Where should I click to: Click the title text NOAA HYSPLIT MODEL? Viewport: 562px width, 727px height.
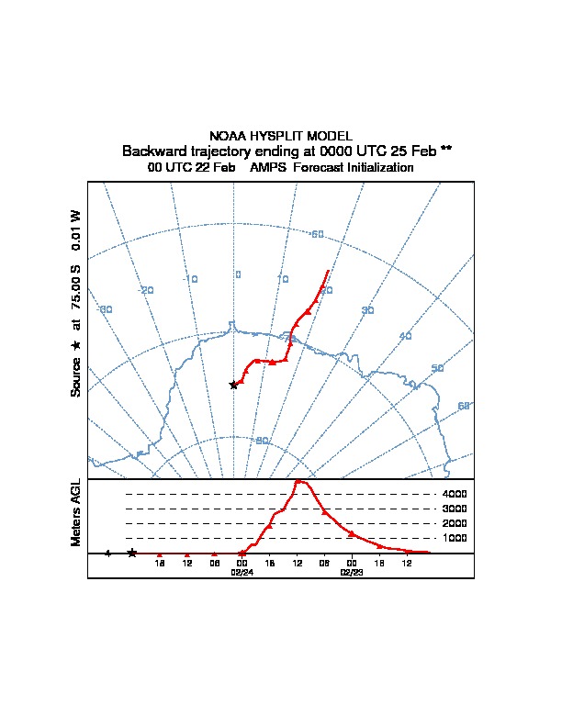point(280,136)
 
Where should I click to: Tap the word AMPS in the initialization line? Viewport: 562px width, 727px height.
point(269,168)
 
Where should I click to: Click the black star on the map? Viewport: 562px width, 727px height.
point(233,385)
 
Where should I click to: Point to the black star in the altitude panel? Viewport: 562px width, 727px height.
point(132,553)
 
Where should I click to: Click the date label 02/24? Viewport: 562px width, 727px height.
point(242,572)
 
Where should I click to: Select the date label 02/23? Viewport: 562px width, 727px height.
point(352,572)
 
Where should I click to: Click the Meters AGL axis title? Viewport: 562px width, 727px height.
point(77,513)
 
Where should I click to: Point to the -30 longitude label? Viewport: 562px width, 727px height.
point(106,309)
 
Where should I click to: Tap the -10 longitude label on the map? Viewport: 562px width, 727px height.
point(191,279)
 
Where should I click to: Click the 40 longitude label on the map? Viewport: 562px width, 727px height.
point(406,336)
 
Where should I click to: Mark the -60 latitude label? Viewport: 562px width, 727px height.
point(317,236)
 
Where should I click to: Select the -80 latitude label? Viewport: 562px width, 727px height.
point(262,441)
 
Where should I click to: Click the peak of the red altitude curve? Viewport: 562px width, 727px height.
point(299,481)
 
